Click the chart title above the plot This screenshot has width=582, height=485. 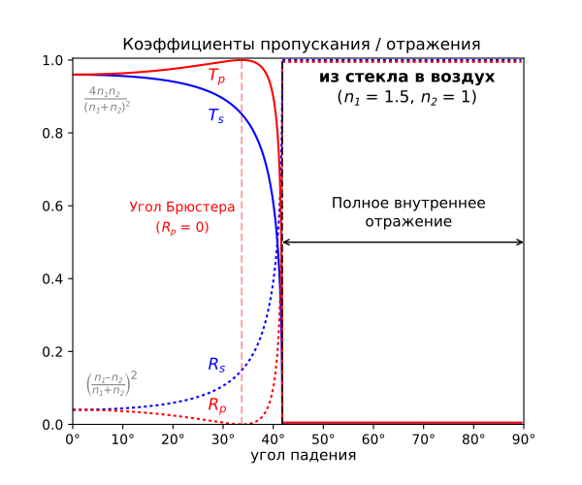(x=301, y=45)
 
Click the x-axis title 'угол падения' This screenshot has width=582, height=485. (x=303, y=454)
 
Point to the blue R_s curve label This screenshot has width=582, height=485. (x=216, y=365)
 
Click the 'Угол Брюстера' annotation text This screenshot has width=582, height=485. (x=171, y=208)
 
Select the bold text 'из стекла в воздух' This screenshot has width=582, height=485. (x=407, y=77)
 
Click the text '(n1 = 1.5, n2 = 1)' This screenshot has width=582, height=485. (x=407, y=98)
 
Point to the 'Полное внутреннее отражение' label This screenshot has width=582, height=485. (x=408, y=212)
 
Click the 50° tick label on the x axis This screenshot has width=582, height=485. (x=323, y=438)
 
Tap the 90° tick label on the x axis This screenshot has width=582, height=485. (x=524, y=438)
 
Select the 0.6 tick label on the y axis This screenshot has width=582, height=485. (x=54, y=207)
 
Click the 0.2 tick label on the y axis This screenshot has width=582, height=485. (x=54, y=352)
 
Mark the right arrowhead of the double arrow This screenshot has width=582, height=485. (x=520, y=242)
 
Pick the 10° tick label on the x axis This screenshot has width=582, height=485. (x=122, y=438)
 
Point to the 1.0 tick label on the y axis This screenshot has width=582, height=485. (x=54, y=61)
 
